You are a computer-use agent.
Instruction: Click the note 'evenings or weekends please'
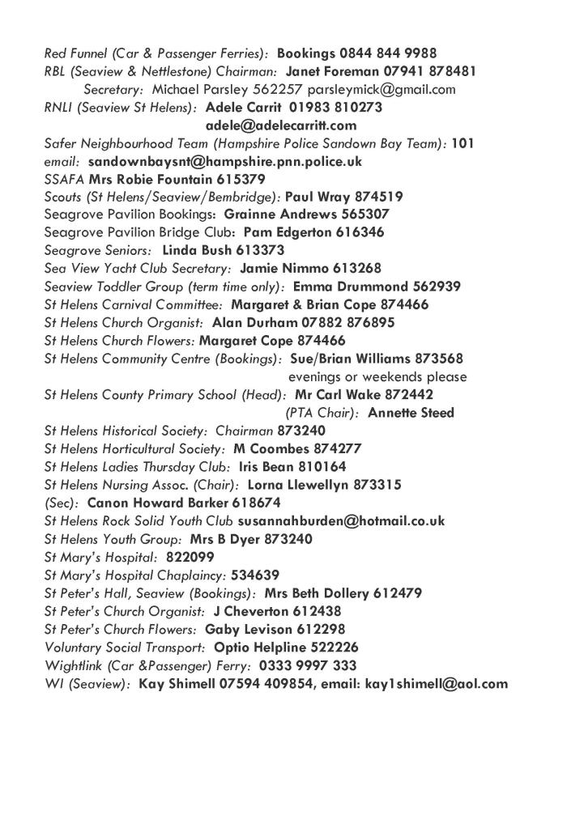point(377,377)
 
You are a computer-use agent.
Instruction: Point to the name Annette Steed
point(411,413)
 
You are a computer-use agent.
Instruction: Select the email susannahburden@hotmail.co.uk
point(341,521)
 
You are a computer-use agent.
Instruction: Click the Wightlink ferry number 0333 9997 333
point(308,665)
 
